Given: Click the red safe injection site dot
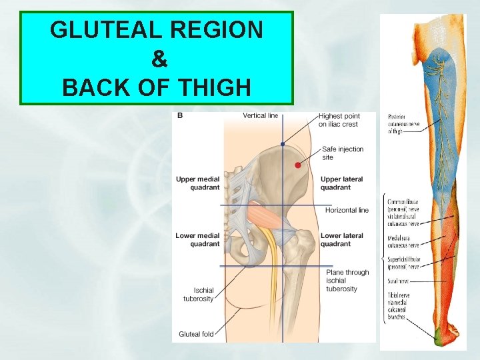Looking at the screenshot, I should coord(298,164).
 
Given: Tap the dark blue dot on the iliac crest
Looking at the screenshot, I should coord(283,143).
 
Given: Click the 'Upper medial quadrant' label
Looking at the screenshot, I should coord(197,183).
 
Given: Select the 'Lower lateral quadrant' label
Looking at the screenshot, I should coord(342,239).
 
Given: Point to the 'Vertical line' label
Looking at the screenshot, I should coord(261,115).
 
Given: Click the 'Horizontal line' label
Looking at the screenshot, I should coord(347,210).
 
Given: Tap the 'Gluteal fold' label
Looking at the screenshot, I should coord(196,334).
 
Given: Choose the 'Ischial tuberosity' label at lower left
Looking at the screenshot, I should coord(198,295).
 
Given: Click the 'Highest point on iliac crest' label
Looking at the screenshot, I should coord(339,120).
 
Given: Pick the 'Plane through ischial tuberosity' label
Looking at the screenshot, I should coord(347,280).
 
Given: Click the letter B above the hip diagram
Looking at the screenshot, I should coord(180,115).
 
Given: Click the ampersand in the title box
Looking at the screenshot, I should coord(159,59).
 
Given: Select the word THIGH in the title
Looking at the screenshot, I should coord(216,87).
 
